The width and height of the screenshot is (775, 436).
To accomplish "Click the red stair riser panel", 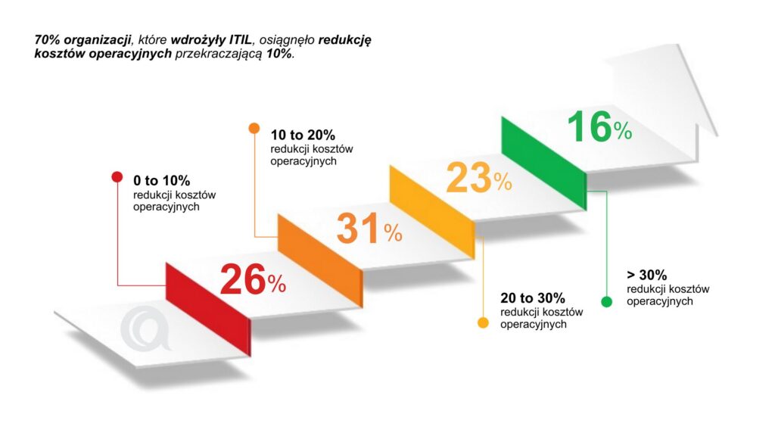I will (x=208, y=303).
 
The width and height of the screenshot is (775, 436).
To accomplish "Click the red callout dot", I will (x=117, y=177).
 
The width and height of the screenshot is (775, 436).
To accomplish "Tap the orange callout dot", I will (x=254, y=128).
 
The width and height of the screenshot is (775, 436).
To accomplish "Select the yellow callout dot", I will (x=482, y=323).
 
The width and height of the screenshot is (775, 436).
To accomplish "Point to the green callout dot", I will (x=606, y=302).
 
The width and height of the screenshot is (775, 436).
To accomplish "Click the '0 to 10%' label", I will (x=161, y=181).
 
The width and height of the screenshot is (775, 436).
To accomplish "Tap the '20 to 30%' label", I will (x=532, y=297).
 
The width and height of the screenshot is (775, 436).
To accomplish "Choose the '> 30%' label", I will (x=646, y=275).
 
